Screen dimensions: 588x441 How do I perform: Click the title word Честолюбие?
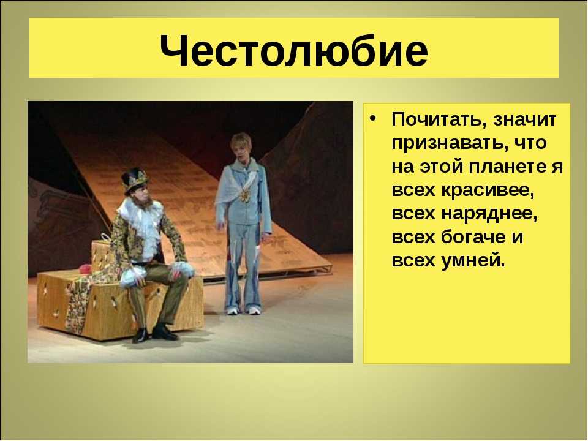[x=293, y=50]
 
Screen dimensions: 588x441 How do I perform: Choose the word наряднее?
[x=489, y=214]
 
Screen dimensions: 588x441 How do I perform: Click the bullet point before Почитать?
[x=372, y=118]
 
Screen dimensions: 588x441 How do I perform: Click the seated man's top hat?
[x=135, y=179]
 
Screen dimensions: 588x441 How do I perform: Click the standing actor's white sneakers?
[x=244, y=311]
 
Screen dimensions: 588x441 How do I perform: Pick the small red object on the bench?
[x=86, y=268]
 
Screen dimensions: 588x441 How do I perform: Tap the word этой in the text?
[x=441, y=167]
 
